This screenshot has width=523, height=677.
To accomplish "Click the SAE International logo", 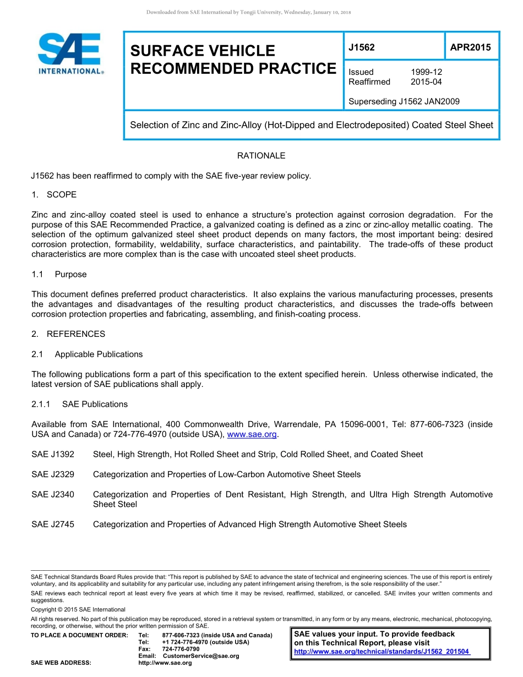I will (70, 53).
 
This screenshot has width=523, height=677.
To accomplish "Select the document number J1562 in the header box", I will (362, 47).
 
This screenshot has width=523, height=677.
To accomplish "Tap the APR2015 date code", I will (470, 47).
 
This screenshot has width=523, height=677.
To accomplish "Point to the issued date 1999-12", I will (426, 72).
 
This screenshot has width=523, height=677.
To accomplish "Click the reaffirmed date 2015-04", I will (426, 82).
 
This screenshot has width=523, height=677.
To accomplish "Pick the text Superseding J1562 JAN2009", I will (404, 101).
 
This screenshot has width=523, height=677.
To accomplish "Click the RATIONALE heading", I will (261, 156).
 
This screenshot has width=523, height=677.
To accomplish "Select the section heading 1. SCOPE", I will (54, 195).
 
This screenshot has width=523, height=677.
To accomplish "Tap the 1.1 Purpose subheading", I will (59, 274).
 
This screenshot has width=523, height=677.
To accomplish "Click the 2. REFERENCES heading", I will (68, 334).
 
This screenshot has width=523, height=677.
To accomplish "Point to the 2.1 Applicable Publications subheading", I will (87, 354).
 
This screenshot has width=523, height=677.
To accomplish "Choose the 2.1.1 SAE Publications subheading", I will (79, 404).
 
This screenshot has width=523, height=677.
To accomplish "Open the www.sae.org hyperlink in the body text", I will (252, 435).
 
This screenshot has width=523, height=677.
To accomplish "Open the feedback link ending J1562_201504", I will (382, 652).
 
